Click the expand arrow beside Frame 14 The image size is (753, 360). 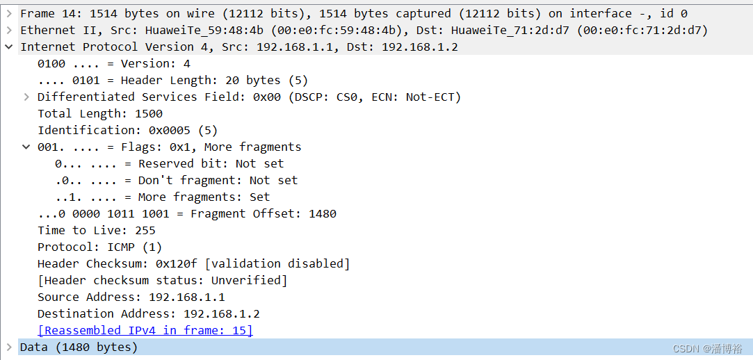pos(9,13)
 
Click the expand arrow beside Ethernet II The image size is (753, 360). pos(9,30)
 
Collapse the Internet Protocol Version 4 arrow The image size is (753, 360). pos(9,47)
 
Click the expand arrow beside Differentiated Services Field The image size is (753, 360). pos(26,97)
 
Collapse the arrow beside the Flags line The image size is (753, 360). pos(26,147)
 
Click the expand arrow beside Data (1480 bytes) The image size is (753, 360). pos(9,347)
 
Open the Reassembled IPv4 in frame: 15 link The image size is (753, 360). pos(145,330)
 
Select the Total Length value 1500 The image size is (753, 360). pos(149,113)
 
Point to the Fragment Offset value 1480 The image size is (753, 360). pos(323,213)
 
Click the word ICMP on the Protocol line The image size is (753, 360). pos(121,247)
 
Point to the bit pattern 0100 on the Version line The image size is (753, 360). pos(51,63)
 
